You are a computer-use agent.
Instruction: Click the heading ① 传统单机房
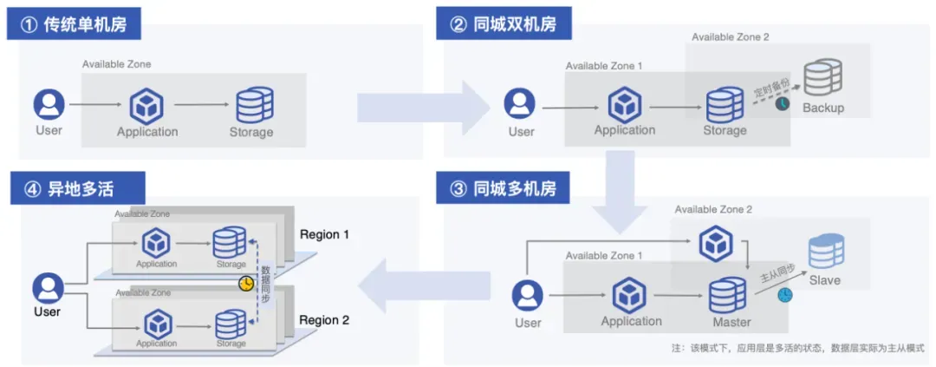coord(75,24)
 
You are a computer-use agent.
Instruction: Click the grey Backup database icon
coord(822,79)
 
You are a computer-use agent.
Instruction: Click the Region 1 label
coord(324,234)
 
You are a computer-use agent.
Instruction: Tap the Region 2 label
coord(324,320)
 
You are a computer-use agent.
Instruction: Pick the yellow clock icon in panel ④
coord(246,284)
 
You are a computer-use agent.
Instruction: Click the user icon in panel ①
coord(49,105)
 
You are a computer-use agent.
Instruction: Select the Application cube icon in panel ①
coord(147,106)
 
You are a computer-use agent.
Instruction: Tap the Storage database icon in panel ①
coord(251,106)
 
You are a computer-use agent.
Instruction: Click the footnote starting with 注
coord(797,347)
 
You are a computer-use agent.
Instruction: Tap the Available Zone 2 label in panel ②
coord(730,37)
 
